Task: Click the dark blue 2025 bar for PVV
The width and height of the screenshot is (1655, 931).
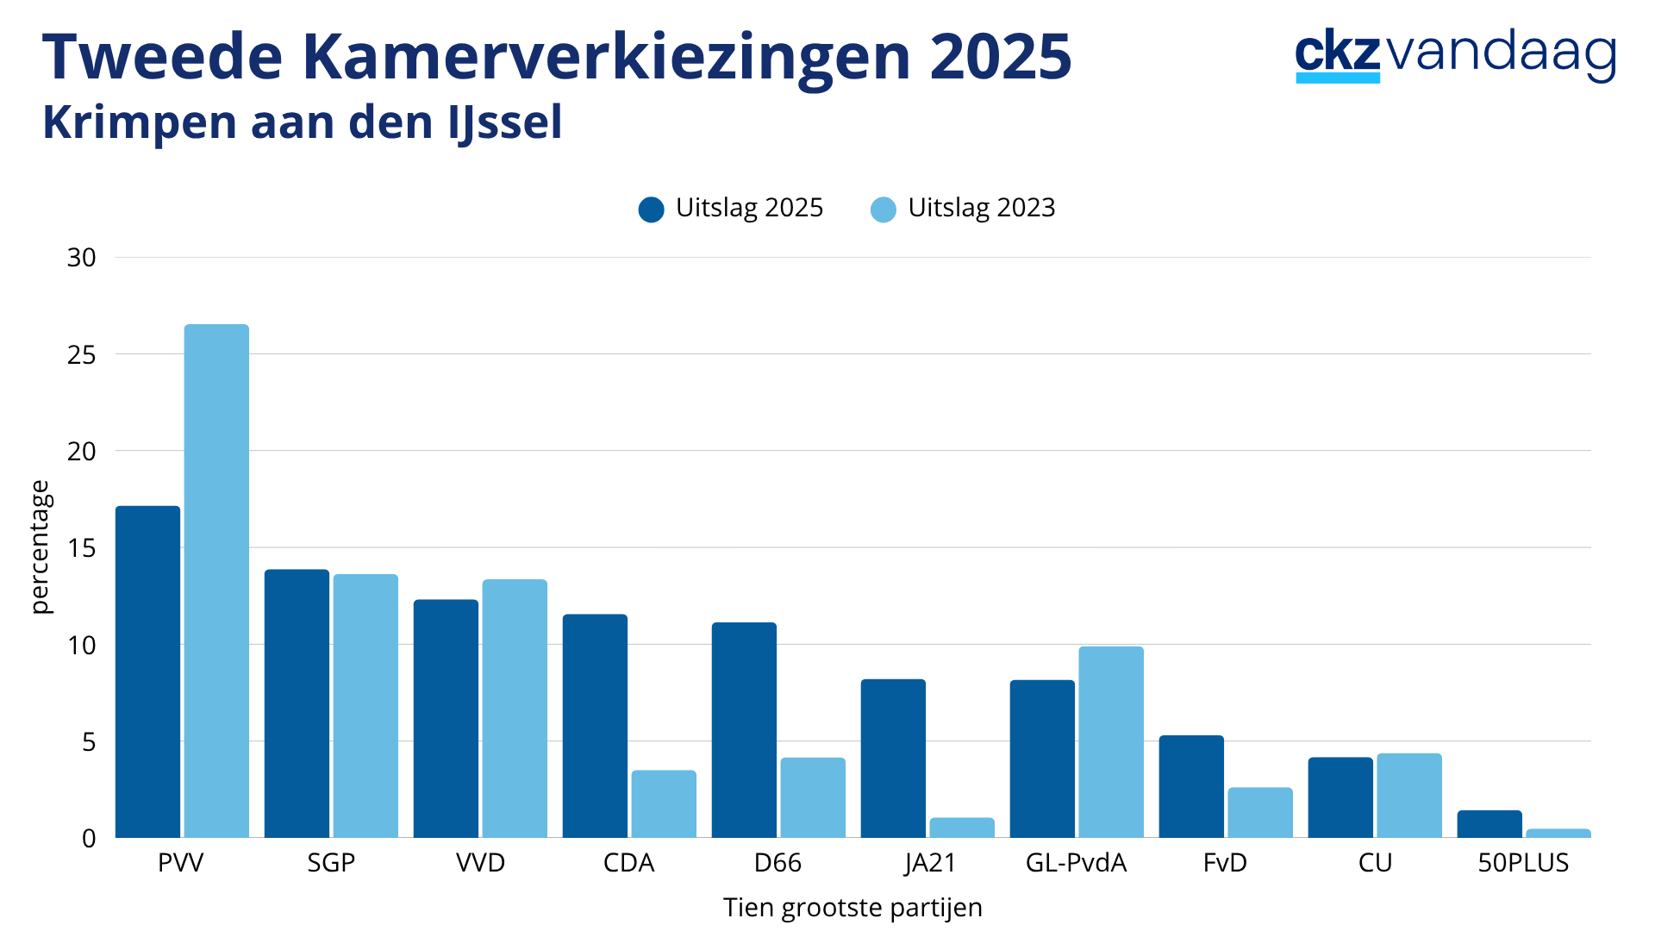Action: pyautogui.click(x=147, y=672)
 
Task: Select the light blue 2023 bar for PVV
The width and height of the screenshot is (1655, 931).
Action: pyautogui.click(x=216, y=582)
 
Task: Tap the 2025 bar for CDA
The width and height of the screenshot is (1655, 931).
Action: pyautogui.click(x=595, y=726)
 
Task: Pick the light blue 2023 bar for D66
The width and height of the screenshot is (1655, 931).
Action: pyautogui.click(x=813, y=798)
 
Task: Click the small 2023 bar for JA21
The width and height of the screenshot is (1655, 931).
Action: pyautogui.click(x=962, y=828)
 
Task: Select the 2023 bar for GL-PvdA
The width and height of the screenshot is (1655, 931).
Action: pyautogui.click(x=1111, y=742)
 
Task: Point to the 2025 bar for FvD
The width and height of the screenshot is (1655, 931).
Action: pyautogui.click(x=1191, y=786)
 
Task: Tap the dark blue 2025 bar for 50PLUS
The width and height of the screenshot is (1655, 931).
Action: pyautogui.click(x=1489, y=824)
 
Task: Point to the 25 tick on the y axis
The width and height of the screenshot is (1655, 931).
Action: pyautogui.click(x=82, y=354)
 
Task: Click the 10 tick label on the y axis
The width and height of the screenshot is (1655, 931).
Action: pyautogui.click(x=82, y=645)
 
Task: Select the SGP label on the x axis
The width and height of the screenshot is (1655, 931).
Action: pyautogui.click(x=331, y=863)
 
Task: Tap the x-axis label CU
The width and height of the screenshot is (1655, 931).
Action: pyautogui.click(x=1375, y=863)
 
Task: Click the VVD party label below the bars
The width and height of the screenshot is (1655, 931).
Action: pyautogui.click(x=480, y=863)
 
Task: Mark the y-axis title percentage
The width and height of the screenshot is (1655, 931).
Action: pyautogui.click(x=41, y=547)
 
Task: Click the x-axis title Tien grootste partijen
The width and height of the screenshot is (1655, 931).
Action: pyautogui.click(x=852, y=908)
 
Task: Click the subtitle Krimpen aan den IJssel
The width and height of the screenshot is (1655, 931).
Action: pyautogui.click(x=303, y=122)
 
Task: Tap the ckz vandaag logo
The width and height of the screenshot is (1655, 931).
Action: pyautogui.click(x=1455, y=56)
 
